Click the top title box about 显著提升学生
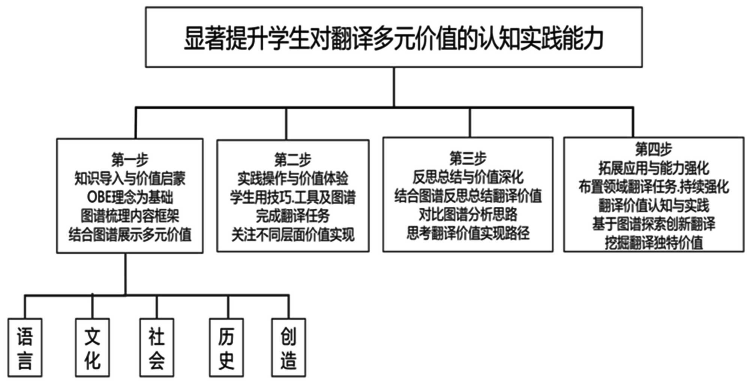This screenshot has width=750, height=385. point(394,38)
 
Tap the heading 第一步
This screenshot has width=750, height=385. point(130,159)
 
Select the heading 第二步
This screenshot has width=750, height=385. point(292,160)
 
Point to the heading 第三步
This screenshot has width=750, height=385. point(468,158)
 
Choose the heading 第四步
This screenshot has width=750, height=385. point(654,149)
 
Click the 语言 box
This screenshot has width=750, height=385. point(25,347)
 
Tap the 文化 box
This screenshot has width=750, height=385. point(92,347)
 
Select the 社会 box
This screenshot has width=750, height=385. point(157,347)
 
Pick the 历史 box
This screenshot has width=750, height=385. point(226,347)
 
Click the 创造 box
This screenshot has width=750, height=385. point(288,347)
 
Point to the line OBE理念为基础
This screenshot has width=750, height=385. point(130,197)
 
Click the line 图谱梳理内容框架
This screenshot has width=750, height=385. point(130,216)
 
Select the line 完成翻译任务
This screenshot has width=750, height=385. point(292,216)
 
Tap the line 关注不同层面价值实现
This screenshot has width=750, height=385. point(292,235)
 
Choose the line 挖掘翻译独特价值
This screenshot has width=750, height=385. point(654,243)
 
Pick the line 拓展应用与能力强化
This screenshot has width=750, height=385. point(654,168)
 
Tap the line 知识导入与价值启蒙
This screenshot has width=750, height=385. point(130,178)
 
